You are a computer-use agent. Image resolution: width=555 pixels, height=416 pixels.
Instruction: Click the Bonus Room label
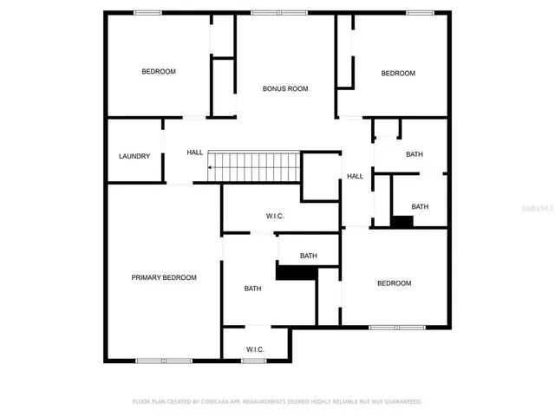coord(285,88)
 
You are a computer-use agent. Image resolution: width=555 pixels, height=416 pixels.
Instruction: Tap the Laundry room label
coord(134,157)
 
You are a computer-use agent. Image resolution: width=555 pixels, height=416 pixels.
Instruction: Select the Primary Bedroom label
coord(164,277)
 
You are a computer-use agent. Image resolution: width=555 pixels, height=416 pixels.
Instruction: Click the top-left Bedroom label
coord(159,72)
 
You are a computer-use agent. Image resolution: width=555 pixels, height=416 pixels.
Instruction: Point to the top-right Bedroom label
coord(398,74)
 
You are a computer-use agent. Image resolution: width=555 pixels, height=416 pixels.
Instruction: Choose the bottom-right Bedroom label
coord(394,283)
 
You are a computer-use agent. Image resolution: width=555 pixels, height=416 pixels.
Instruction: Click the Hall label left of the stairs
coord(195,153)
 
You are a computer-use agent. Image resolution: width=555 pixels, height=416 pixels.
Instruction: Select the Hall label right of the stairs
coord(355,177)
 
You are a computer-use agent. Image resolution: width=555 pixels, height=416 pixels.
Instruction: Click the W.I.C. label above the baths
coord(275,216)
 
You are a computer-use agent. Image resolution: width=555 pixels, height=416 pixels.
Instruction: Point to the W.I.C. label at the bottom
coord(255,349)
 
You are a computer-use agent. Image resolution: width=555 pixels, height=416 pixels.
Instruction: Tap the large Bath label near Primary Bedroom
coord(252,289)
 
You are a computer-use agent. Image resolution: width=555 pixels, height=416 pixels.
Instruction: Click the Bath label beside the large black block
coord(308,256)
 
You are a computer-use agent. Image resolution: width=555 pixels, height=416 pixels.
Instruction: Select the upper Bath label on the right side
coord(415,154)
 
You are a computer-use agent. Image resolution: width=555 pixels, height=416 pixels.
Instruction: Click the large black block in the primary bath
coord(295,271)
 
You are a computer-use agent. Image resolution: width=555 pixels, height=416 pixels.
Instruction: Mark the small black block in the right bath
coord(401,221)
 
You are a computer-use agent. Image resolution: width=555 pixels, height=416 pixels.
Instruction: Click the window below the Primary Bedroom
coord(164,361)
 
